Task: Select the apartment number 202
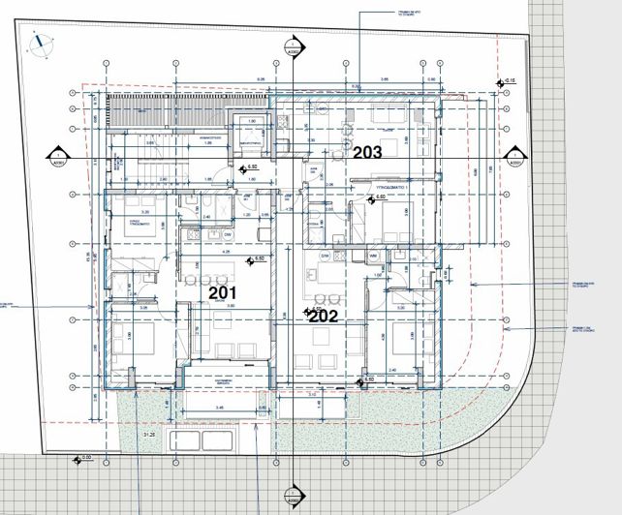[x=324, y=315]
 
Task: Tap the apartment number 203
[x=367, y=151]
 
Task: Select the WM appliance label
[x=373, y=257]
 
